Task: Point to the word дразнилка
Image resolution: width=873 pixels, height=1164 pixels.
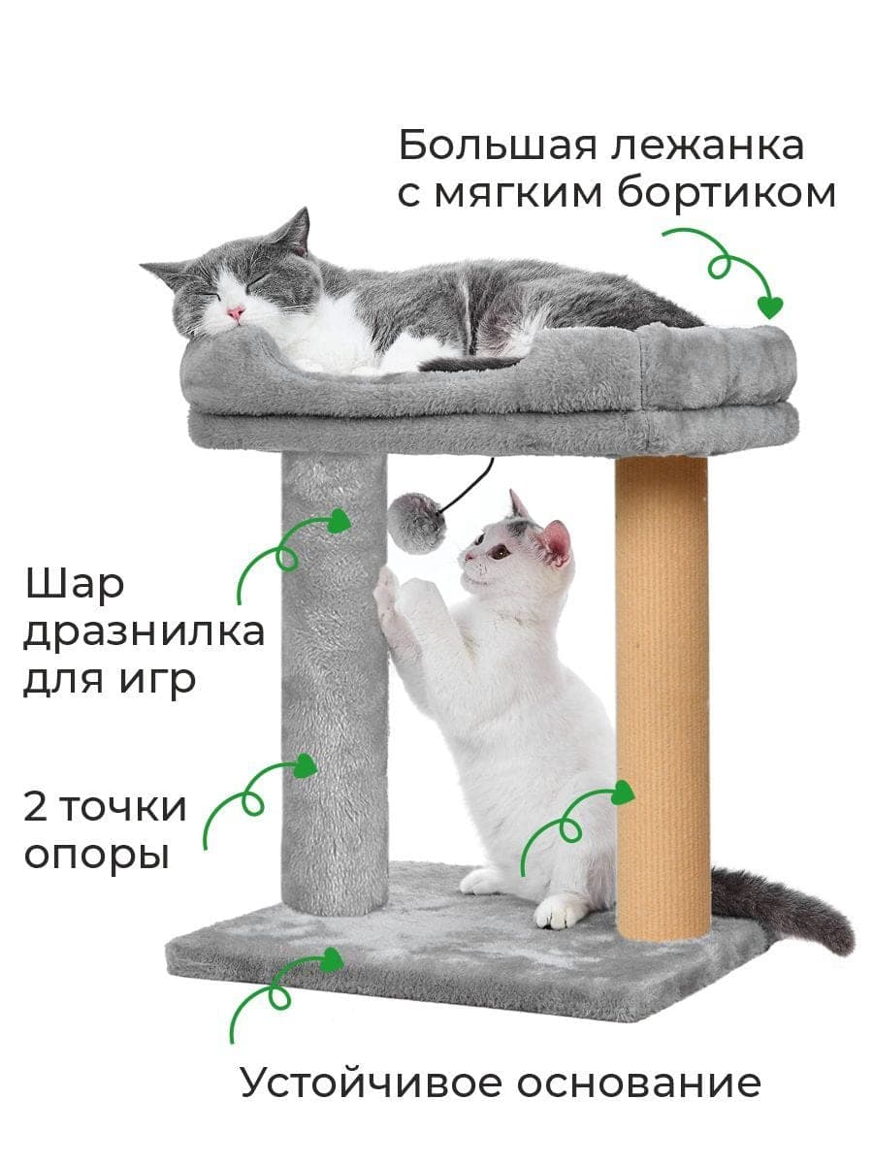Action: click(144, 632)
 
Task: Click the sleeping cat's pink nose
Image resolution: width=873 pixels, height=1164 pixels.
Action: click(236, 312)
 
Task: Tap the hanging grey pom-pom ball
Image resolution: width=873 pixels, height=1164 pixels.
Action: click(415, 522)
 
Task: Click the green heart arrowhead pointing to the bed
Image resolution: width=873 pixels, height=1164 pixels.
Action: click(770, 307)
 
